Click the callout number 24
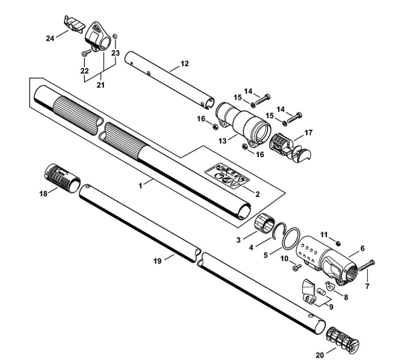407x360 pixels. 50,38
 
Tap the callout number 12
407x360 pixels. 185,63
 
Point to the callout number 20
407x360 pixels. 319,354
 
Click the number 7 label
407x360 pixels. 367,286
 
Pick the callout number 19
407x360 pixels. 158,261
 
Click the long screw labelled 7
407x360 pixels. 366,265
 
